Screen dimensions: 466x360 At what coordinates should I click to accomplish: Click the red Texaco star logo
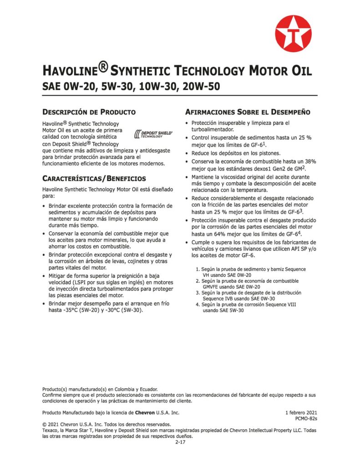point(293,34)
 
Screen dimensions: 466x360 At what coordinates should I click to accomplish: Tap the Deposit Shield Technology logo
point(154,134)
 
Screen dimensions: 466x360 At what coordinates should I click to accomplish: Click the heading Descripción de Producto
point(89,111)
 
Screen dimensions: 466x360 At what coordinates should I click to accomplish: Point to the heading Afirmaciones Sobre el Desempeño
point(248,111)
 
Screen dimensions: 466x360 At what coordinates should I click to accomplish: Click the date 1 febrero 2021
point(301,412)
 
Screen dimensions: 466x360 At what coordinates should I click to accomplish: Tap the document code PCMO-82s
point(306,419)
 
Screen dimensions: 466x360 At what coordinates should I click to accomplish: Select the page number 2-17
point(180,442)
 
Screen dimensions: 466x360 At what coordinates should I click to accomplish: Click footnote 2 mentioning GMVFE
point(243,284)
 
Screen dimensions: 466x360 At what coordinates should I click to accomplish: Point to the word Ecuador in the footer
point(147,389)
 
